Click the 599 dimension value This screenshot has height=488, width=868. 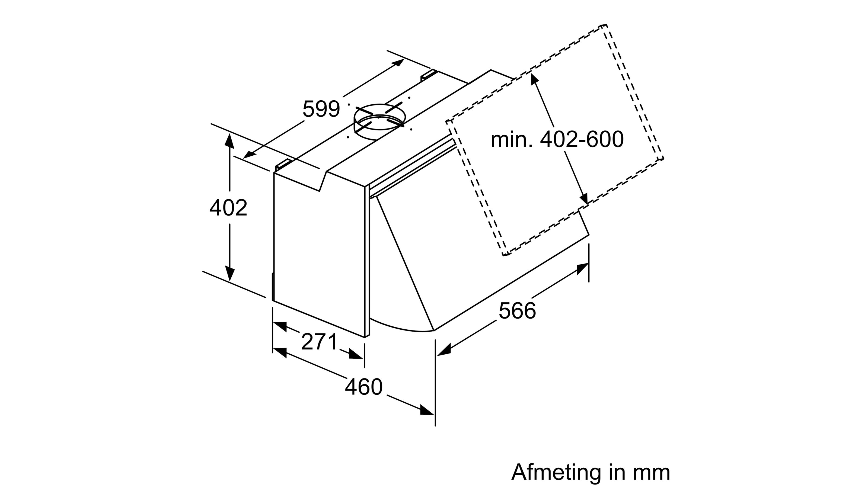tap(321, 109)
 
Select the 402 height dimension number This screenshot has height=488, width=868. tap(228, 208)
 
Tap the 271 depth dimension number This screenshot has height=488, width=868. tap(320, 342)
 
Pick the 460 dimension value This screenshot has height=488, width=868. tap(363, 387)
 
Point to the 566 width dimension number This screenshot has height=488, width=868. tap(517, 310)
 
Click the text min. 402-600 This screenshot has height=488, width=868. tap(557, 139)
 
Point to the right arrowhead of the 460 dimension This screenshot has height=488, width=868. tap(427, 411)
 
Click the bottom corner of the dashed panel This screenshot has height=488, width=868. tap(505, 254)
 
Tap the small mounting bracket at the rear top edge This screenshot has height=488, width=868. tap(429, 75)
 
